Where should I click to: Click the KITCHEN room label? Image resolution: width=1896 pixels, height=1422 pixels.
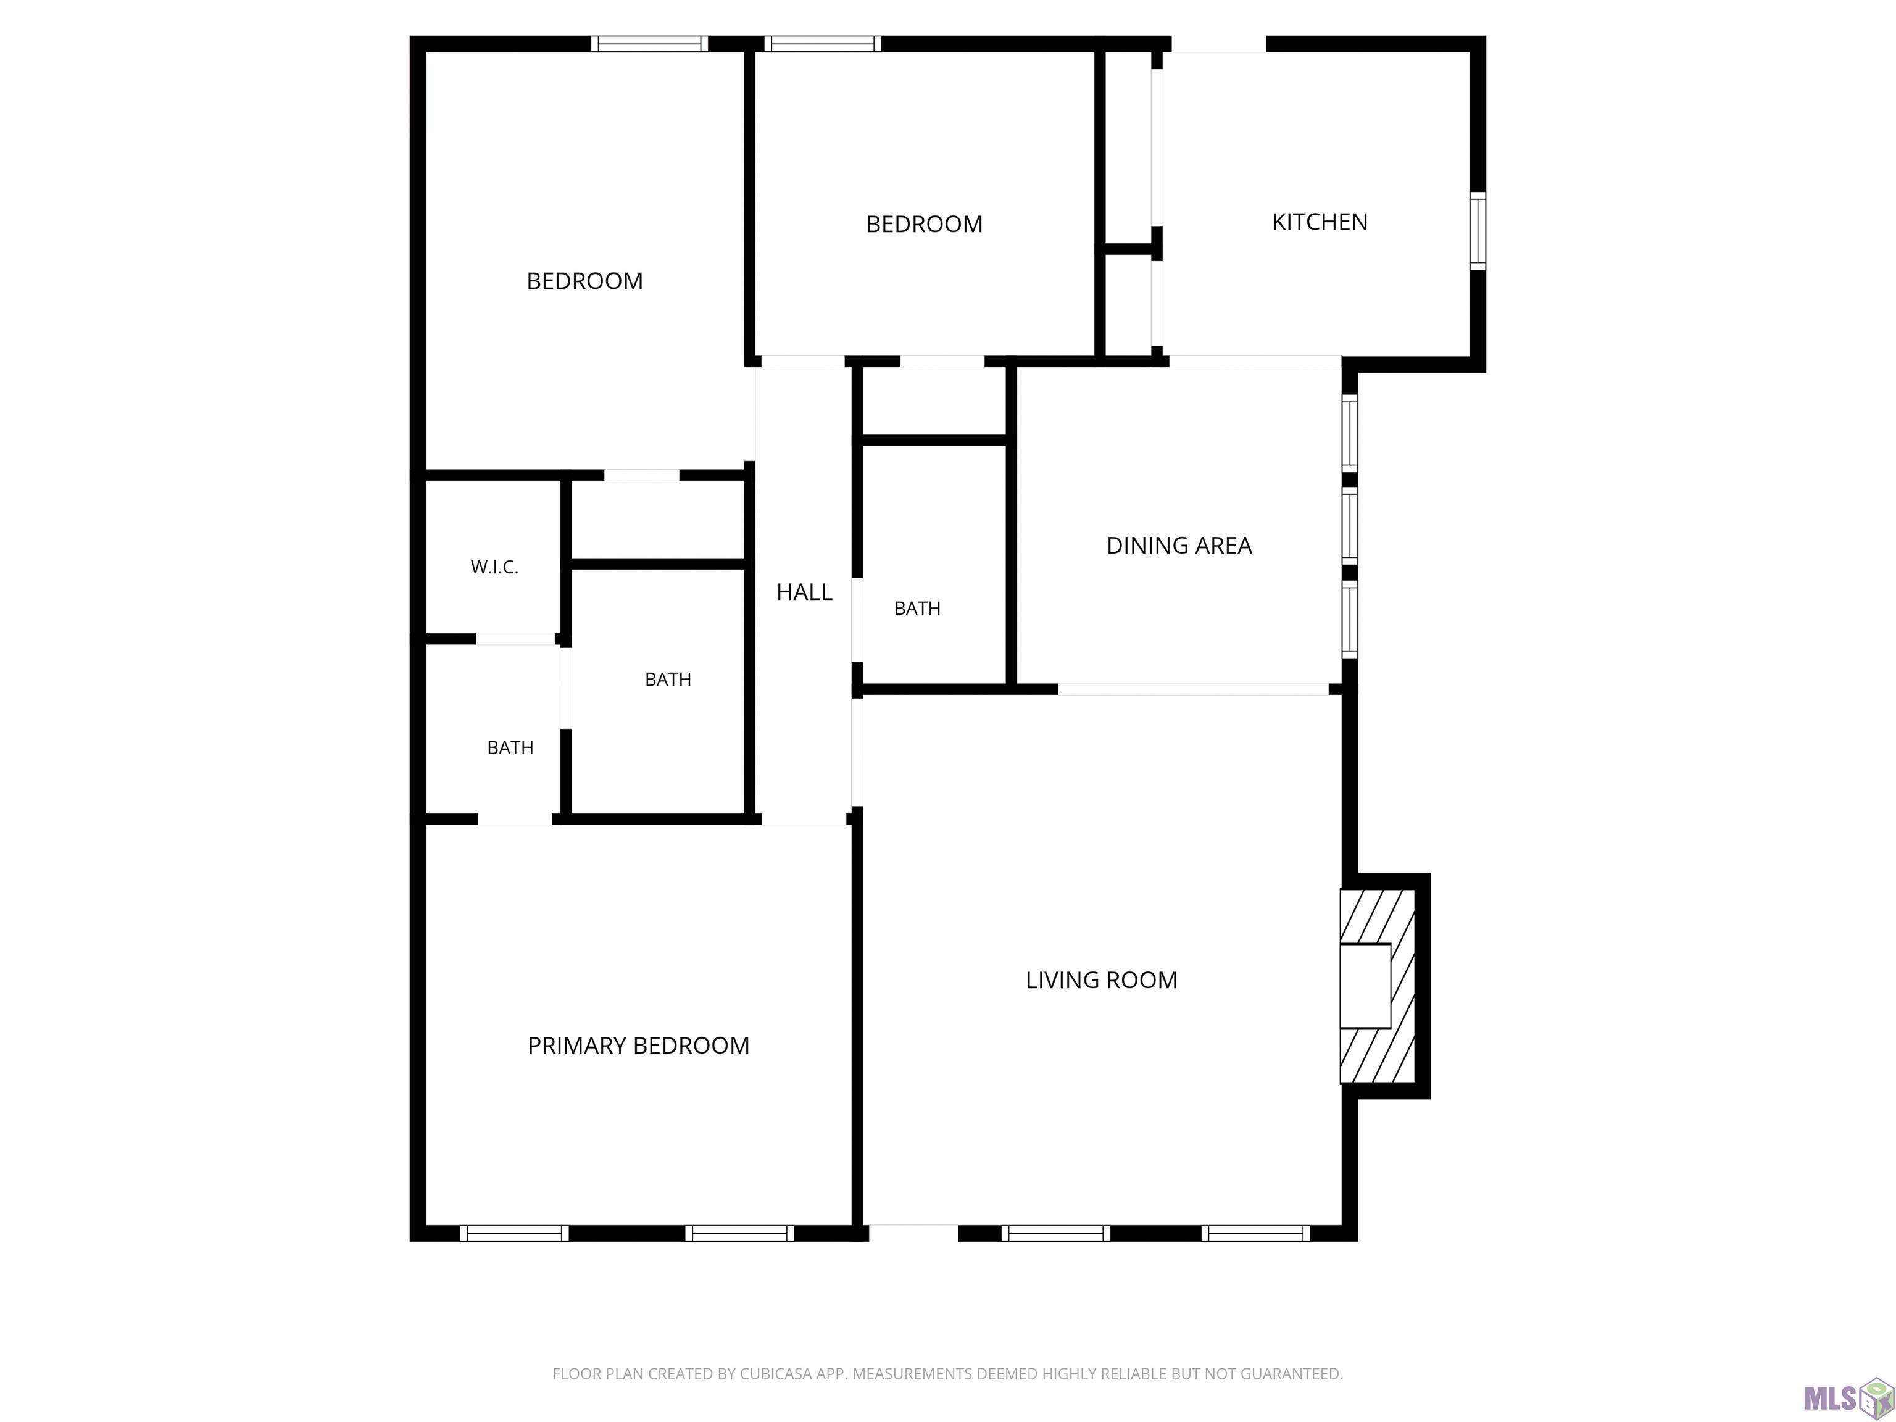(1319, 222)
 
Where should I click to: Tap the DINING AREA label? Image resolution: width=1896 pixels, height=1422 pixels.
(1179, 545)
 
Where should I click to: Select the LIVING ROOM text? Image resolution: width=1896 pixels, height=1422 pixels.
(1102, 979)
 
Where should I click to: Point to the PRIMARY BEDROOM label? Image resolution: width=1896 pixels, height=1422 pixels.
(639, 1046)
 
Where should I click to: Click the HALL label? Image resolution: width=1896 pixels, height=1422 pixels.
(804, 591)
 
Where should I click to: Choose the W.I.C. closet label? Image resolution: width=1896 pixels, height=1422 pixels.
(494, 567)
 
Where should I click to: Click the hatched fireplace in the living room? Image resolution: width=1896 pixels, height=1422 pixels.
(1378, 986)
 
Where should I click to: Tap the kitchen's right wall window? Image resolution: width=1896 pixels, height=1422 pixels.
(1478, 231)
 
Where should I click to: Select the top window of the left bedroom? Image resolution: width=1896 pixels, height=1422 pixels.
(650, 44)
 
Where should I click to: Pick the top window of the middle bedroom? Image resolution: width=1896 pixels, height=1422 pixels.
(823, 44)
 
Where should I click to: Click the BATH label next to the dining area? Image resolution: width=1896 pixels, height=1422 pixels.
(917, 609)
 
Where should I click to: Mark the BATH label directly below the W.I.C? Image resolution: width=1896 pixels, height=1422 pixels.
(510, 748)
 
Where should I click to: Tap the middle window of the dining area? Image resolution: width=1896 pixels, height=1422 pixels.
(1349, 525)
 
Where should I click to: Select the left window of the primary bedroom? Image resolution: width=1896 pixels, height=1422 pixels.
(514, 1233)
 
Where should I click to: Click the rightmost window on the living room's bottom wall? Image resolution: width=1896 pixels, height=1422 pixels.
(1256, 1233)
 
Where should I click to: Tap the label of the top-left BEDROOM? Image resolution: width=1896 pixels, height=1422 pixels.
(584, 281)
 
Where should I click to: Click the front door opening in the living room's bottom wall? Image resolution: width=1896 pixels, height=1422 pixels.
(913, 1233)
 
